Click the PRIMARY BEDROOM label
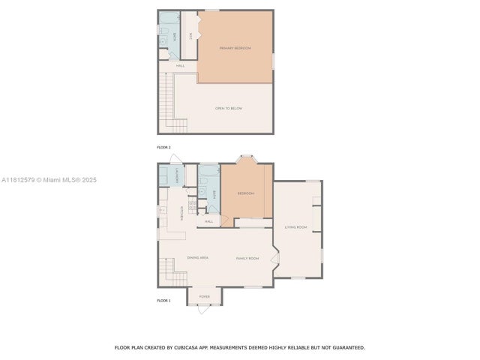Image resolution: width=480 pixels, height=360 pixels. (235, 48)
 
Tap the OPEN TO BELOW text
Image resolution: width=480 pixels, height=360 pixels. (229, 109)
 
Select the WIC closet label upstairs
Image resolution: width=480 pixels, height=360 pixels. (190, 35)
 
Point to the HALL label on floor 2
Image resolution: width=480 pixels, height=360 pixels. (180, 66)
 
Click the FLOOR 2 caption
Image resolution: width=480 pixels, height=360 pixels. (163, 147)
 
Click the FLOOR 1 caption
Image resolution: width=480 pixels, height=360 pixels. (163, 301)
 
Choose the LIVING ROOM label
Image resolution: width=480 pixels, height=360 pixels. (295, 226)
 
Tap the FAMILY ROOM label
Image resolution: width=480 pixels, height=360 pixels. (247, 257)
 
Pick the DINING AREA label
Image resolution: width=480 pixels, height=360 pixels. (198, 257)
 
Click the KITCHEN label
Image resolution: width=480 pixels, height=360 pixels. (182, 214)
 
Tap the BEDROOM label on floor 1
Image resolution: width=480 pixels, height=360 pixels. (246, 193)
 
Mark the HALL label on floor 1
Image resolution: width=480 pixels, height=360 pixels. (208, 221)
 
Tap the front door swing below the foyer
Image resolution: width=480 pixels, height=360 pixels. (204, 309)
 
